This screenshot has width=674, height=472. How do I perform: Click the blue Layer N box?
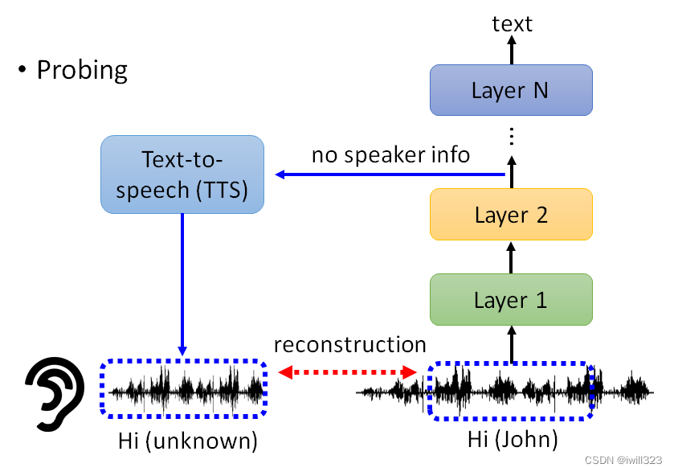pos(511,90)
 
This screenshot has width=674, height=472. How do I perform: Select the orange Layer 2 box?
pos(511,214)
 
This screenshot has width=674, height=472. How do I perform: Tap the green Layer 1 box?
pos(511,299)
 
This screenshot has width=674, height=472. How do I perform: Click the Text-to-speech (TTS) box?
pos(182,174)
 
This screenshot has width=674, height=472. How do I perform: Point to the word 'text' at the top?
pos(512,23)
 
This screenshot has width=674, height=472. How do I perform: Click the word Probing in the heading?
pos(82,70)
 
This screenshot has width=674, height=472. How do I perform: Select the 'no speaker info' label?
pos(390,155)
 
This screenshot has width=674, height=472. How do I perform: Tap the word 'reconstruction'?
pos(350,345)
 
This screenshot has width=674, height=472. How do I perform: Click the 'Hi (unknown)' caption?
pos(188,441)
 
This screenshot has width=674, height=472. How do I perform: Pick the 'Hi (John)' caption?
pos(513,439)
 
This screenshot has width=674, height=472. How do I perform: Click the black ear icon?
pos(55,394)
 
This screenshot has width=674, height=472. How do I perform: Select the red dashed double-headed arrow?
pos(347,372)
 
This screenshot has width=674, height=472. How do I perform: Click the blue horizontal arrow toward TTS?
pos(390,174)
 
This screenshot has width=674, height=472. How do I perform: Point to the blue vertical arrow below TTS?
pos(182,285)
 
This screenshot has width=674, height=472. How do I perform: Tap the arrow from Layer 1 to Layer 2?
pos(511,257)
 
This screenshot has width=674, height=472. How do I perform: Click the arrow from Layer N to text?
pos(512,50)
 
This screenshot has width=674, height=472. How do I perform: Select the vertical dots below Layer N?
pos(512,136)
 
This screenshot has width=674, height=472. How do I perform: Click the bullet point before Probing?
pos(22,69)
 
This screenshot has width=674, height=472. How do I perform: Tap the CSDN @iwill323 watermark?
pos(623,460)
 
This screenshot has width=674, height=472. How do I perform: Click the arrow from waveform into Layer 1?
pos(512,344)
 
